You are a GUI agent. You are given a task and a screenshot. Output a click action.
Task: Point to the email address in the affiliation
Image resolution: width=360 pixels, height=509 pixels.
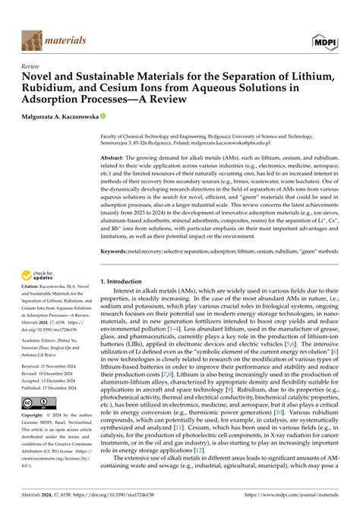(271, 141)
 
